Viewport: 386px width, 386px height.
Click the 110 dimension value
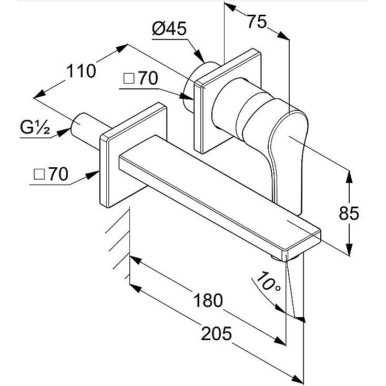[81, 71]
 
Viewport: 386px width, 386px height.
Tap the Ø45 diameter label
[169, 28]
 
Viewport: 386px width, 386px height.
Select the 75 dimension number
[257, 22]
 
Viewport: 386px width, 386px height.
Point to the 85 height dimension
[349, 213]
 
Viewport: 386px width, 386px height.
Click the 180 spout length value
[208, 300]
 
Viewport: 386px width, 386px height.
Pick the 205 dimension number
[216, 333]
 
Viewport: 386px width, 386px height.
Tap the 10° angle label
[268, 282]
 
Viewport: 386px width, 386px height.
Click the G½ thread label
[35, 127]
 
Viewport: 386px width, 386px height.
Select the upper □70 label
[140, 78]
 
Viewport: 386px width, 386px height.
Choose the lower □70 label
[51, 174]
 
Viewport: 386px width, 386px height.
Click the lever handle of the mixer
[288, 158]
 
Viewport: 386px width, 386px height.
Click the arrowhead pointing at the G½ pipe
[63, 132]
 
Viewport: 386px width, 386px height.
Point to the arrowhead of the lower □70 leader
[92, 175]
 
